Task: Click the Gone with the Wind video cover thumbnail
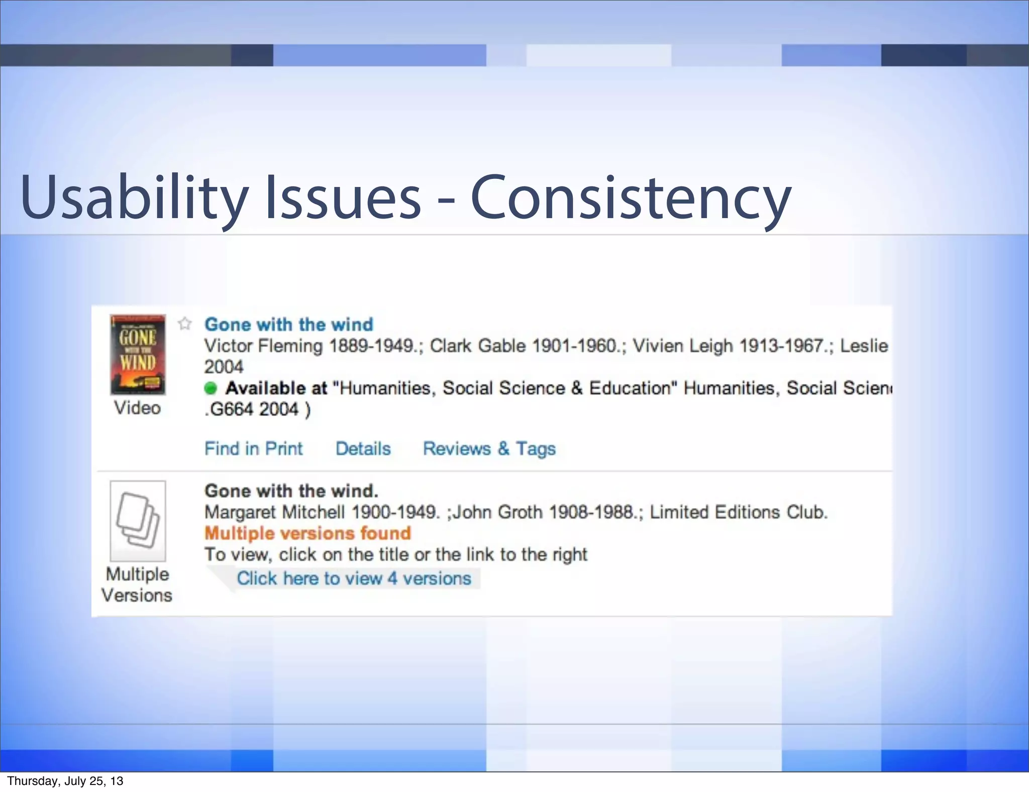pyautogui.click(x=138, y=354)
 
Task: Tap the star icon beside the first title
pyautogui.click(x=185, y=324)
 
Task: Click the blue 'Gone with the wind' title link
pyautogui.click(x=289, y=325)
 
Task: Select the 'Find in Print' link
pyautogui.click(x=254, y=448)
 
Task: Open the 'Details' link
pyautogui.click(x=363, y=448)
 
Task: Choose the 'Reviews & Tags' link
pyautogui.click(x=489, y=448)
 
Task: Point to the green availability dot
pyautogui.click(x=211, y=388)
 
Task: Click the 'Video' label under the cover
pyautogui.click(x=137, y=408)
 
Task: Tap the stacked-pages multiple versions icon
pyautogui.click(x=138, y=520)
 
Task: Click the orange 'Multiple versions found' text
pyautogui.click(x=307, y=533)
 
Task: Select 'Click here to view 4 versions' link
pyautogui.click(x=354, y=578)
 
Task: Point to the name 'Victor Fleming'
pyautogui.click(x=263, y=346)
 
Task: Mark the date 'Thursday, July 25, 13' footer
pyautogui.click(x=65, y=781)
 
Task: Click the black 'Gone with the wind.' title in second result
pyautogui.click(x=291, y=491)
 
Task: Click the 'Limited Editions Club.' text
pyautogui.click(x=738, y=512)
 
